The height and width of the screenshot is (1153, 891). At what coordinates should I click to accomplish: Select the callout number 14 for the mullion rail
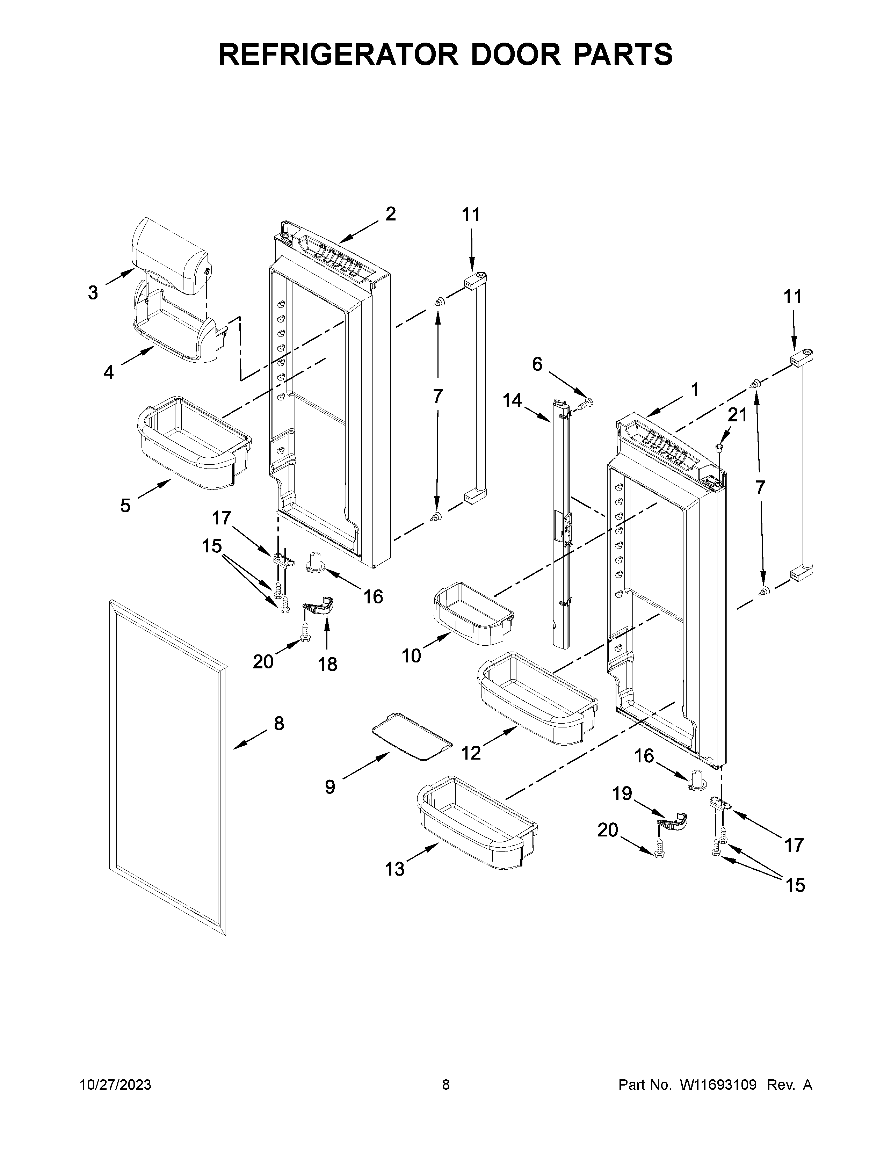(512, 401)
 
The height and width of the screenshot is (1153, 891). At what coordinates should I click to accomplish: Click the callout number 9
(330, 802)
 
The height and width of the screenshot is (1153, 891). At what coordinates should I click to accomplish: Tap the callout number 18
(327, 665)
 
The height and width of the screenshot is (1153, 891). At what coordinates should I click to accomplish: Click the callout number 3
(93, 292)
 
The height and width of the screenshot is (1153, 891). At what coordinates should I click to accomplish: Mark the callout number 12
(471, 753)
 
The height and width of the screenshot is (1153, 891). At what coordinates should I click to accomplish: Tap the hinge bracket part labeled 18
(321, 607)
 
